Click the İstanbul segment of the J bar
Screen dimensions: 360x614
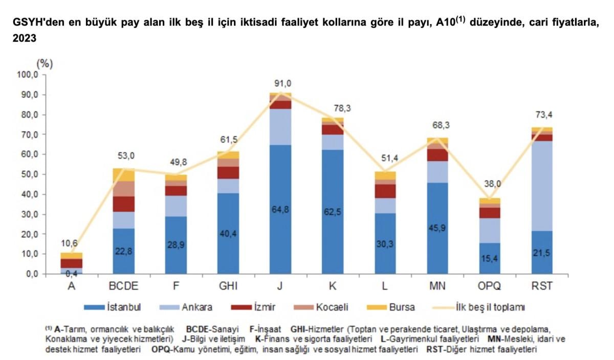click(x=280, y=225)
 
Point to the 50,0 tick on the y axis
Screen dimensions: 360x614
click(x=32, y=174)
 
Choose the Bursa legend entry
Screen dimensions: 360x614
click(x=391, y=307)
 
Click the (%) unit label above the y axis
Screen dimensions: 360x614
click(x=45, y=64)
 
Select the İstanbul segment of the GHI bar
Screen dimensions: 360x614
click(x=228, y=235)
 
